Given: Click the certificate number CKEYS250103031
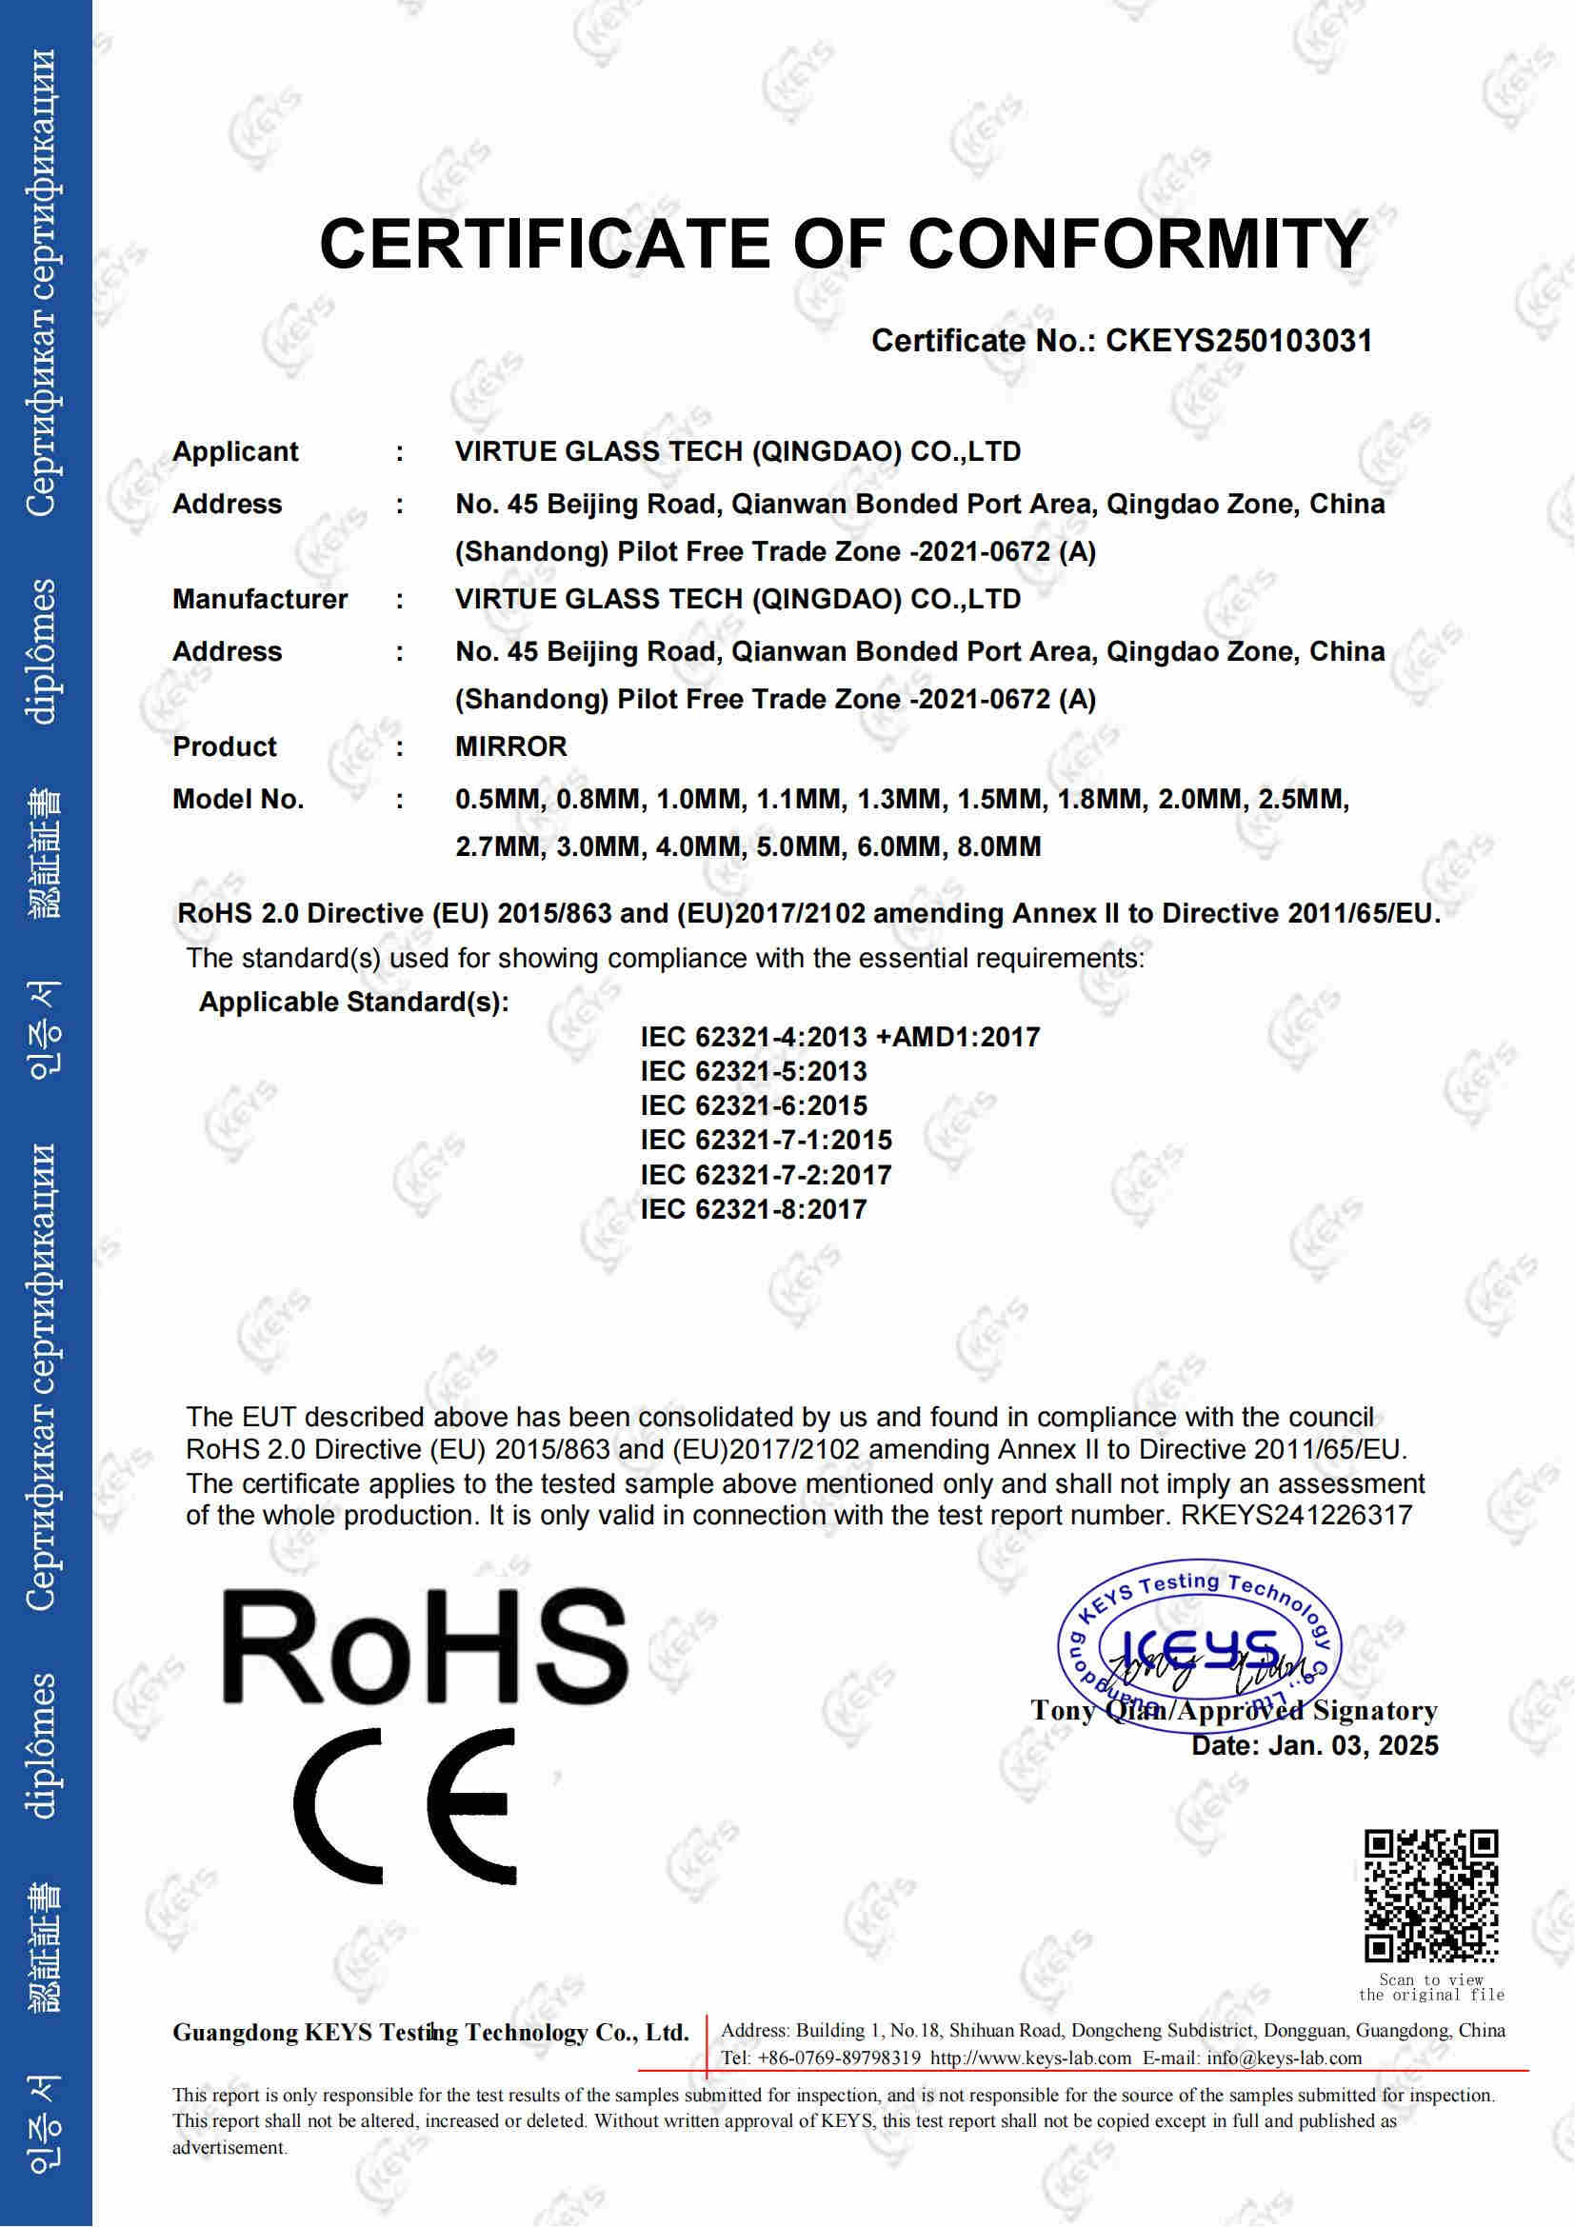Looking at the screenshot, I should [1239, 341].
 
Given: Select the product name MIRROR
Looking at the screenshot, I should [511, 746].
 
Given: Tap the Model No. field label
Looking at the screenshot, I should [238, 799].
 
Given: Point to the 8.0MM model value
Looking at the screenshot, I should [999, 846].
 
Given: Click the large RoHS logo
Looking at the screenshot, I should [425, 1648].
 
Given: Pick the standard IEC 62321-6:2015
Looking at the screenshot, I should [753, 1105].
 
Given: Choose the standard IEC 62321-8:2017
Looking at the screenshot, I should [753, 1209].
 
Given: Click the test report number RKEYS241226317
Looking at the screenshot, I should [1296, 1515].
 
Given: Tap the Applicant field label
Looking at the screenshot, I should [235, 452].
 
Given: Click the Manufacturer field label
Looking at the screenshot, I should [260, 600].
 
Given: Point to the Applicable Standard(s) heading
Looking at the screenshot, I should [354, 1002].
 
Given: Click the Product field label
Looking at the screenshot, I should [224, 746].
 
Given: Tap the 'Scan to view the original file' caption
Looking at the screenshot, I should [1430, 1987].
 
